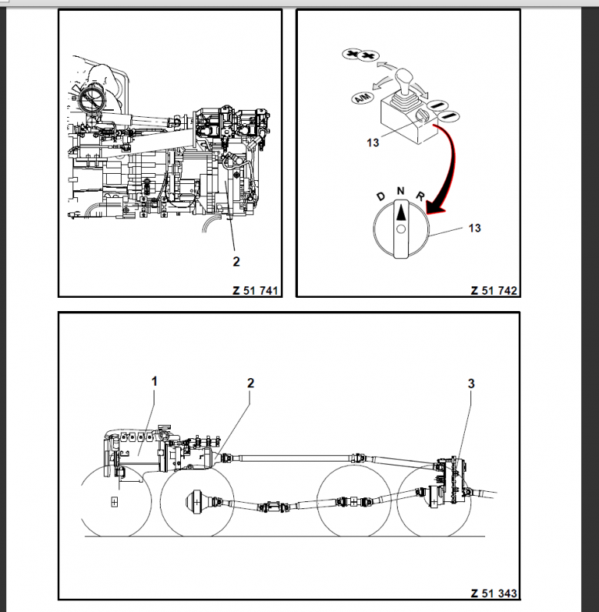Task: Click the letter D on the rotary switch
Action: click(x=380, y=197)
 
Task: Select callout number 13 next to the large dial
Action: click(x=475, y=228)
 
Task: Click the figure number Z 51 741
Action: click(x=255, y=290)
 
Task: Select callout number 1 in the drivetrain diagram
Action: click(x=154, y=381)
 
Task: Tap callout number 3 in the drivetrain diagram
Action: click(x=471, y=384)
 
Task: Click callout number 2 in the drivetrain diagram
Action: click(x=250, y=383)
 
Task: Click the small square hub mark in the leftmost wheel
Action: click(x=115, y=501)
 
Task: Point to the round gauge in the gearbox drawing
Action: click(x=91, y=101)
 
